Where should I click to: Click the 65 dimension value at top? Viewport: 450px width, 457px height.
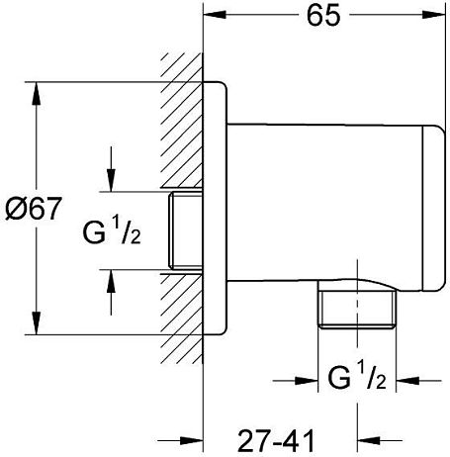click(x=323, y=16)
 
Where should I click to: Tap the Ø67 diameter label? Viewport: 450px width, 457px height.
click(x=34, y=209)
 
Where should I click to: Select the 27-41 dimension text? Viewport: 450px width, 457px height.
click(x=276, y=441)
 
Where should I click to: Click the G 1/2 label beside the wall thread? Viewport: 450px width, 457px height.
click(x=112, y=229)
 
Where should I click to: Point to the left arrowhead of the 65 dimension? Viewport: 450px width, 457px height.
click(x=215, y=15)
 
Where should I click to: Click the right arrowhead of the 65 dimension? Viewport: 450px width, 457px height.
click(x=434, y=15)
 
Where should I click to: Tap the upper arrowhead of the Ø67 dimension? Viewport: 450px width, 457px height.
click(x=37, y=93)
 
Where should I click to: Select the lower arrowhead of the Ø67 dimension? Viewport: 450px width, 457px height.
click(x=37, y=323)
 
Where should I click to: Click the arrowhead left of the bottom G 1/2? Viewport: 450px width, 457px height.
click(x=307, y=381)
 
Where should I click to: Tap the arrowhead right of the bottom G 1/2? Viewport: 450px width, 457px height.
click(x=407, y=381)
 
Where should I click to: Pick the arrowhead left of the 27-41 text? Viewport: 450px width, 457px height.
click(x=191, y=440)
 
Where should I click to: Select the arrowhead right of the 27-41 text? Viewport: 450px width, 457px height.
click(x=369, y=440)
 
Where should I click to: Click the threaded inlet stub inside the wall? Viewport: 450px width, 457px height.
click(x=185, y=230)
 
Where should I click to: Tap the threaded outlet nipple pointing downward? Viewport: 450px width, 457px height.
click(x=357, y=310)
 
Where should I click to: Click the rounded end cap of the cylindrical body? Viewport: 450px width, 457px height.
click(x=433, y=209)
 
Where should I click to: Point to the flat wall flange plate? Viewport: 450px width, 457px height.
click(x=215, y=208)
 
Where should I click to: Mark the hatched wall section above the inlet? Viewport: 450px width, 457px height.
click(x=182, y=121)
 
